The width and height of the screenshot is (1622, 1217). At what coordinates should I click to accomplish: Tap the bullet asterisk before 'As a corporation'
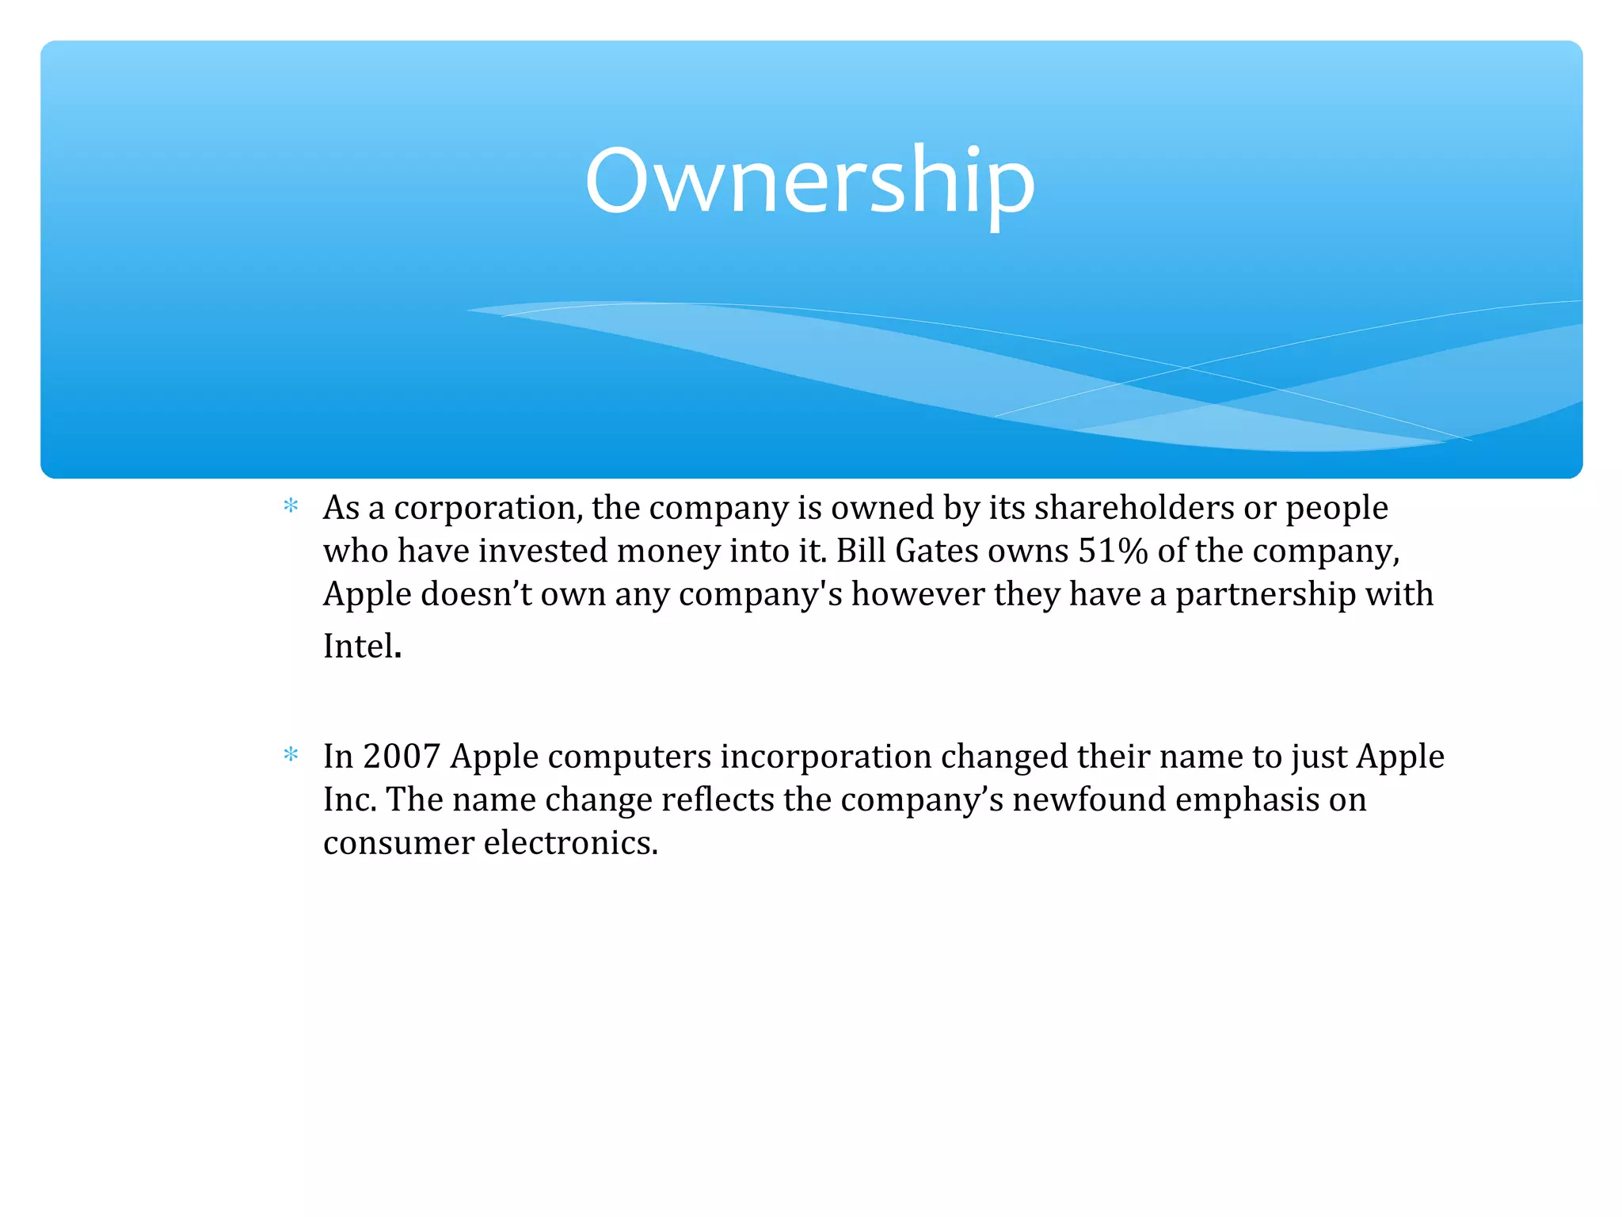tap(291, 505)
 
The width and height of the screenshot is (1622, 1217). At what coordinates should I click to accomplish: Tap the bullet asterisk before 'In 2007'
tap(291, 754)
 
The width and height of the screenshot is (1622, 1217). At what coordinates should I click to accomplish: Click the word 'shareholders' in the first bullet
tap(1134, 508)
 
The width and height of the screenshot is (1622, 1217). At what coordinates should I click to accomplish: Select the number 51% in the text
tap(1113, 551)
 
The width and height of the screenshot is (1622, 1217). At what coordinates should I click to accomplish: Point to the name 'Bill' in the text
tap(861, 551)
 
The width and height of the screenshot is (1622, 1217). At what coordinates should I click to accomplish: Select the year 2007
tap(402, 757)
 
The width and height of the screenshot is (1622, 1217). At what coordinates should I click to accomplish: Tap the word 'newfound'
tap(1089, 799)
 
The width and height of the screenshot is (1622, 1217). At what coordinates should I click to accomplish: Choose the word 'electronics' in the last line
tap(570, 842)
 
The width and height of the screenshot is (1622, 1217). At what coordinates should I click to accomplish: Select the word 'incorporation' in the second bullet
tap(825, 757)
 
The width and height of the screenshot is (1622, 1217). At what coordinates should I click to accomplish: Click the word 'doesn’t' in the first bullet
tap(476, 594)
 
